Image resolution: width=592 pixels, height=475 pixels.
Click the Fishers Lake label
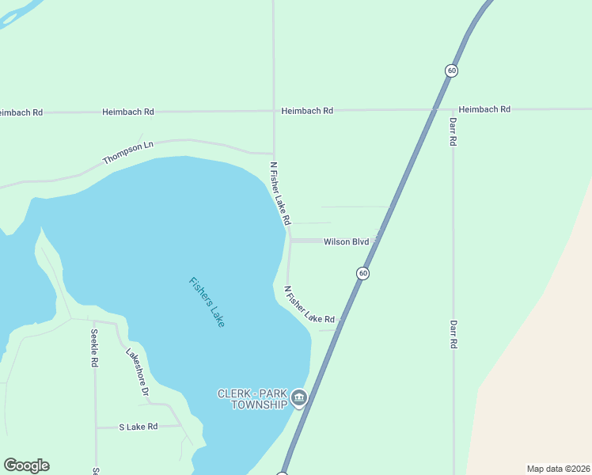coord(207,302)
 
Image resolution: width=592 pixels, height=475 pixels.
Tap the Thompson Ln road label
coord(127,153)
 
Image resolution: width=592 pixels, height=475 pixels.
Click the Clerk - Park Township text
coord(252,399)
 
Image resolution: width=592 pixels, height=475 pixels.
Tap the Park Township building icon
coord(298,397)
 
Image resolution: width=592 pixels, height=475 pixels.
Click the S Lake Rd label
coord(139,427)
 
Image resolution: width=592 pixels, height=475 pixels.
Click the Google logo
coord(26,465)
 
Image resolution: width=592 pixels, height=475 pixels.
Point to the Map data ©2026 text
coord(558,468)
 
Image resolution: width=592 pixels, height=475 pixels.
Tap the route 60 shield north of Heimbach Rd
coord(451,70)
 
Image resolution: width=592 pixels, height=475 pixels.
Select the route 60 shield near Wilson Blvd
coord(362,273)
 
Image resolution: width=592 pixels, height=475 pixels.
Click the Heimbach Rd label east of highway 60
coord(484,109)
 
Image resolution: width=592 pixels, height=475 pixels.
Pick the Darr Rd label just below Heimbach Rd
coord(453,131)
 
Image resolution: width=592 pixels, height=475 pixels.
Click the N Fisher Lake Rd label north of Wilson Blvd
coord(281,193)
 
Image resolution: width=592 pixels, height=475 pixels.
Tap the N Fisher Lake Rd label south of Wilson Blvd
coord(309,306)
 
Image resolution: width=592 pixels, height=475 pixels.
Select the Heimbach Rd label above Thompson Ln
coord(127,112)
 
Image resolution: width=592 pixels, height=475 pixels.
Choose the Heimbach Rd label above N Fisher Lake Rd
coord(307,111)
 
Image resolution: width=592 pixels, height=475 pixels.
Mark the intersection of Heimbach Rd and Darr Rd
coord(453,108)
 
